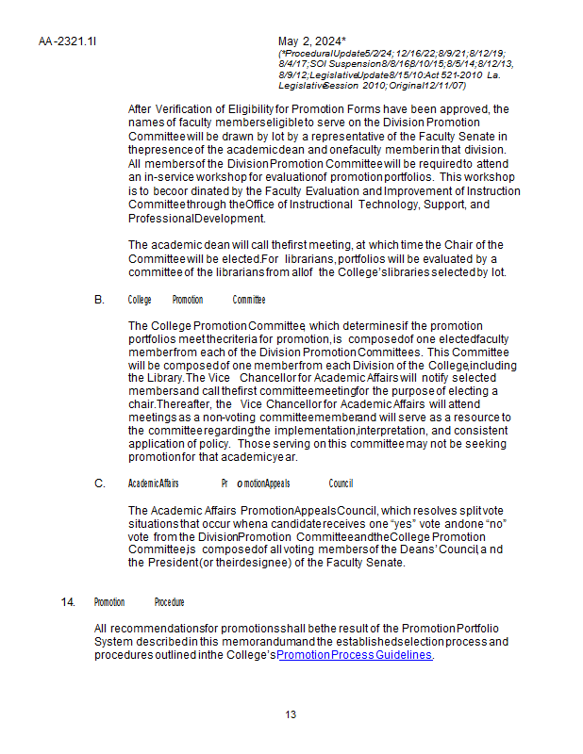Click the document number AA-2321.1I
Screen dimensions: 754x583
(68, 41)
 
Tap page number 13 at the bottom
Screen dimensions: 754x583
(291, 714)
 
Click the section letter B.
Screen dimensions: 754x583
(99, 300)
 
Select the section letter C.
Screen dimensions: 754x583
(99, 484)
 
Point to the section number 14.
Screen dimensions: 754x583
(67, 602)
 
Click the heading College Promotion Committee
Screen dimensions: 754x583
(196, 300)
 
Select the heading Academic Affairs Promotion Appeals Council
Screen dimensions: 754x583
(241, 484)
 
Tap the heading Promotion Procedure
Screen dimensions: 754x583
(139, 602)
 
